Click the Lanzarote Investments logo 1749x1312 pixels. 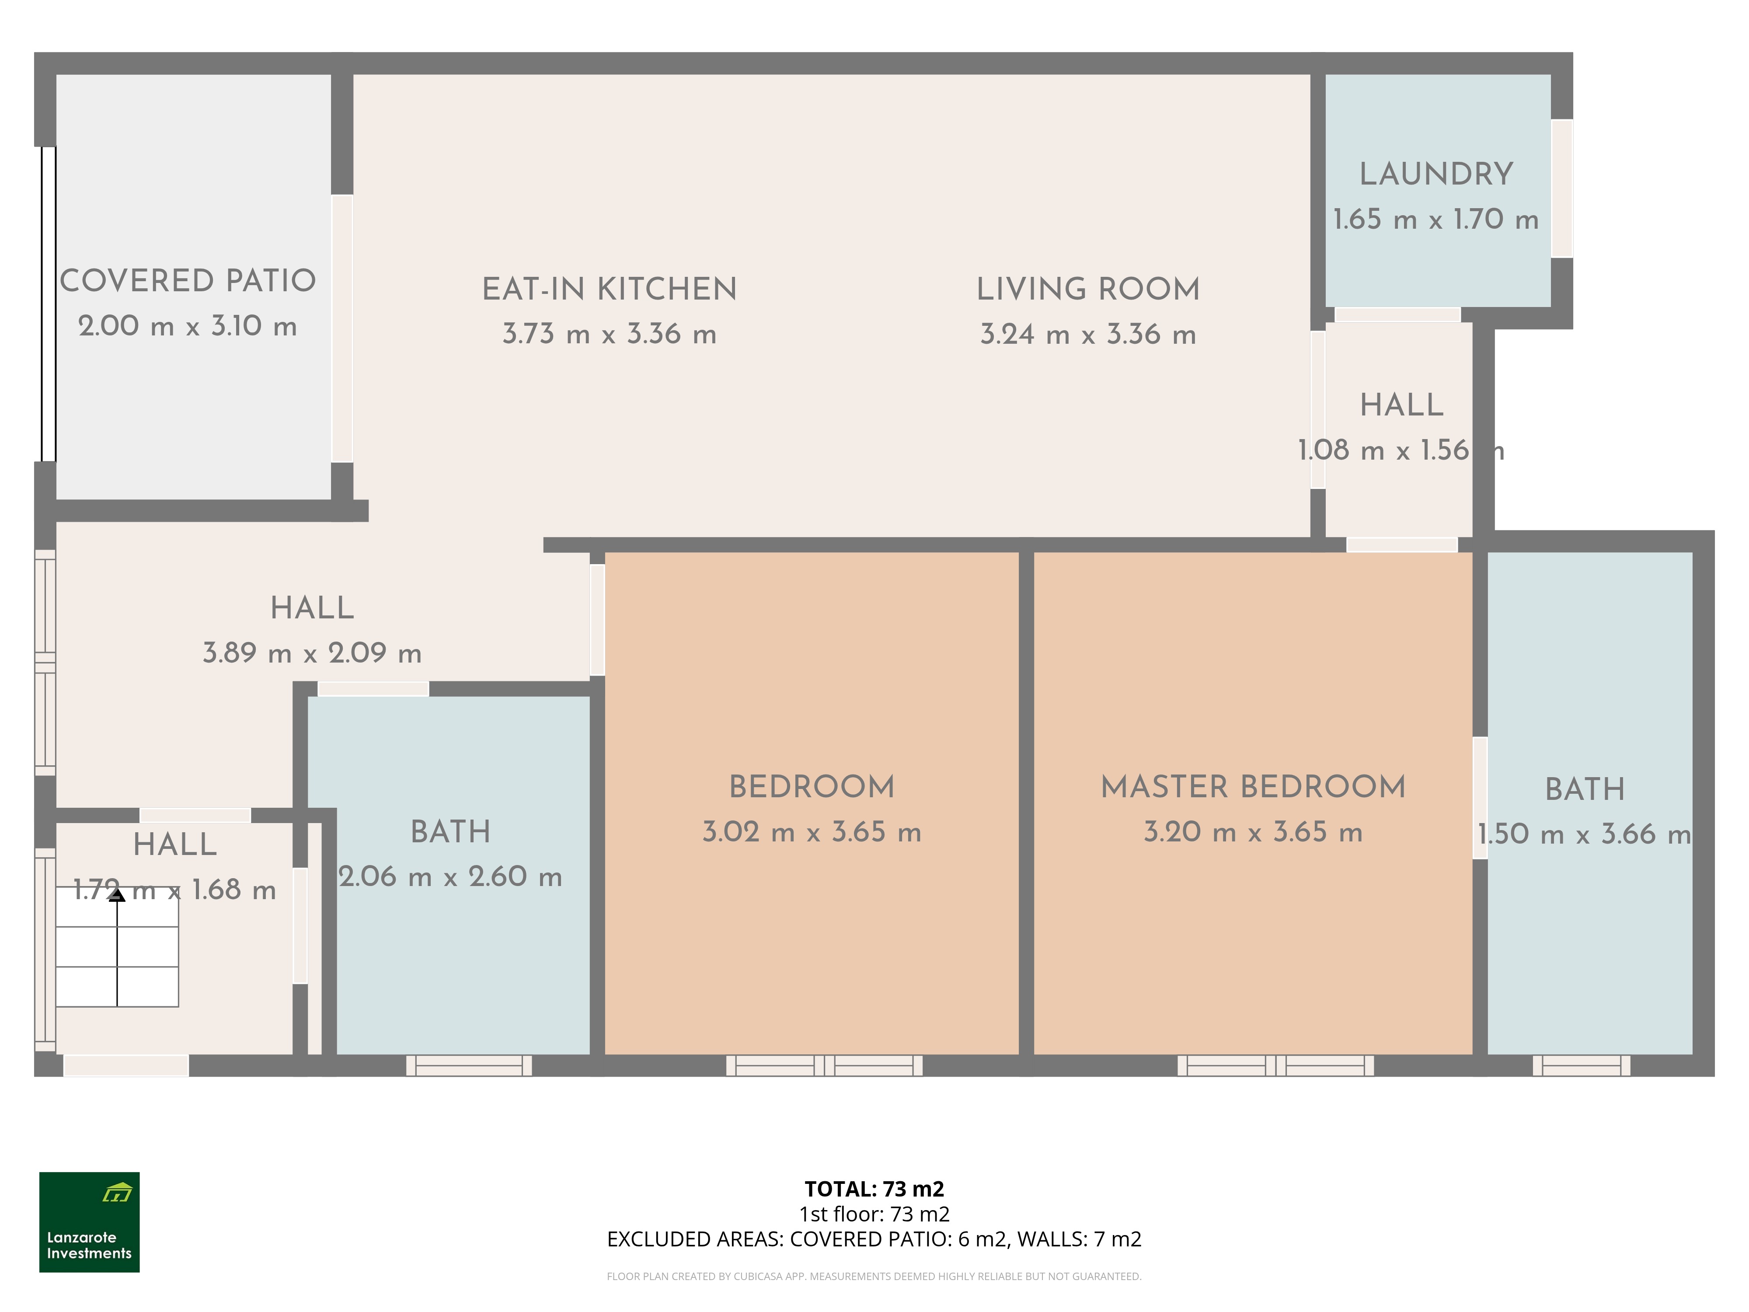click(x=89, y=1222)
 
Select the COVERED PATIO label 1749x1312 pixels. click(x=188, y=281)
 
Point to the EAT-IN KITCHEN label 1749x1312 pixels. click(x=610, y=290)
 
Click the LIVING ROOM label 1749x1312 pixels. click(x=1088, y=290)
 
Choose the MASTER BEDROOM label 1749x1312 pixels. click(x=1253, y=787)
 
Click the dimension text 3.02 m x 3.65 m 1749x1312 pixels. click(x=812, y=832)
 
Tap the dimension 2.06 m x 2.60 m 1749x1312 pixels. click(x=451, y=876)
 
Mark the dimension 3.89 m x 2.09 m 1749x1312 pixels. click(x=312, y=653)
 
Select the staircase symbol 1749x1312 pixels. click(x=117, y=947)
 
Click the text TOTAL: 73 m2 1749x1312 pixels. click(x=874, y=1189)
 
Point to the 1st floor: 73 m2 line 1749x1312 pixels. click(x=874, y=1214)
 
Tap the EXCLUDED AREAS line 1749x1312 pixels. click(x=874, y=1239)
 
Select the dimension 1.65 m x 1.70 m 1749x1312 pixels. click(x=1436, y=220)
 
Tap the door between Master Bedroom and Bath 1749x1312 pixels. click(x=1480, y=798)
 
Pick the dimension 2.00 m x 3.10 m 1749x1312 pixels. click(x=188, y=326)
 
